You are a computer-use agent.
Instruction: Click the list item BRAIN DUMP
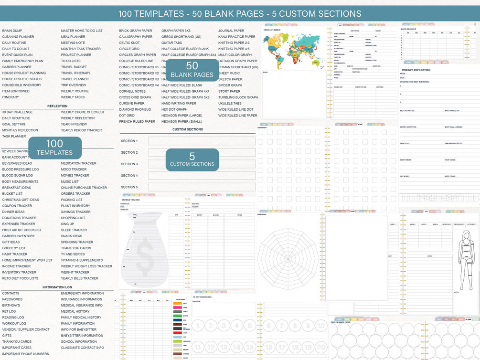12,31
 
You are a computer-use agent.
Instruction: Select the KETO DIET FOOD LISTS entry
20,278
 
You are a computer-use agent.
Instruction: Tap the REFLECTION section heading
57,106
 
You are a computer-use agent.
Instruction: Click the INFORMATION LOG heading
57,287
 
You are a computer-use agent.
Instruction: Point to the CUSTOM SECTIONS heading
188,129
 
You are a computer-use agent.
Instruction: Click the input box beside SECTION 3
202,164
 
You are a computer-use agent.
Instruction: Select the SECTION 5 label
129,187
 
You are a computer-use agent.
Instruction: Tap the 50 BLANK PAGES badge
192,69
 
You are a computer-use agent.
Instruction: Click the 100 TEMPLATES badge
55,148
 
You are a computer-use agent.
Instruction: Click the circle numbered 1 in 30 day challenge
198,326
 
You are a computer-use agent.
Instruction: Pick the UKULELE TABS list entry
230,103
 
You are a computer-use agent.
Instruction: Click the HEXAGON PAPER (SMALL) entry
181,121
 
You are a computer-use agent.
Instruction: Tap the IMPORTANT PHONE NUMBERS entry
25,354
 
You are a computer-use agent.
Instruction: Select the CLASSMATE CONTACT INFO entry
82,348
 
